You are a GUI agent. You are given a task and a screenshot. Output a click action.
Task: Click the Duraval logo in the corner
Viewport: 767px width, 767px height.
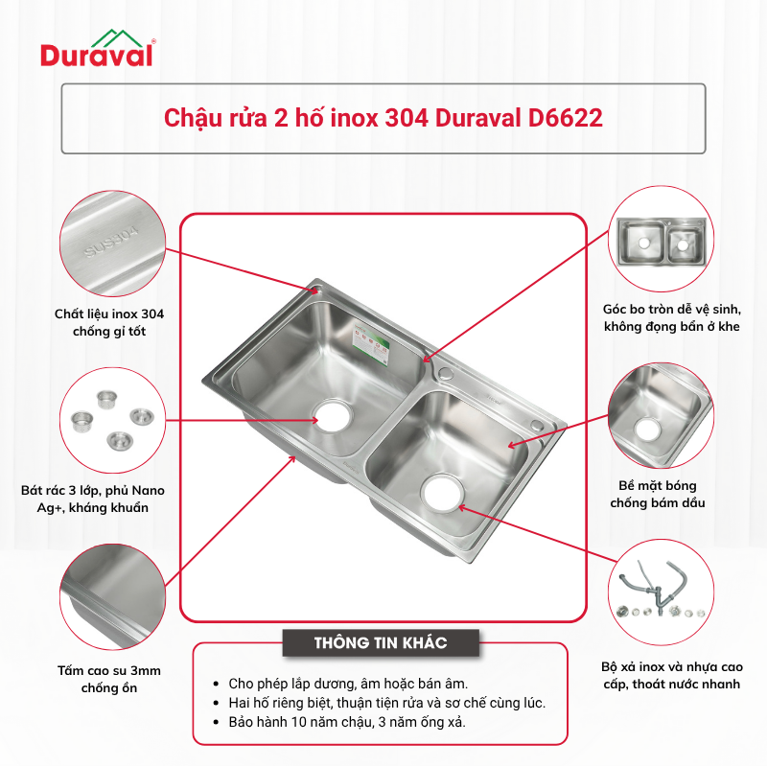pos(98,48)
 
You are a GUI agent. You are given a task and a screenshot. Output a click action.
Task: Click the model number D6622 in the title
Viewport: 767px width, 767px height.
pos(566,118)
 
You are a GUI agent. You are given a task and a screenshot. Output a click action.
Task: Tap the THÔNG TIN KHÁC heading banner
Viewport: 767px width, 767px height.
pos(381,642)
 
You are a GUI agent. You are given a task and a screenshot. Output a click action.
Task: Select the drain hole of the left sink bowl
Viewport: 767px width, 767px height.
pos(334,416)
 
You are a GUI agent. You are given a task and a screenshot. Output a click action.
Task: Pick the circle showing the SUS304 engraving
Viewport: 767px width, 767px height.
pos(112,244)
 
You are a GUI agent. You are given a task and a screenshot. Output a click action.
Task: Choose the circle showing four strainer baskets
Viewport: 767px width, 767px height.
pos(112,420)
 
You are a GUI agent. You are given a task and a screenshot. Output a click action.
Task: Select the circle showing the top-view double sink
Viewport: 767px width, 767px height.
pos(661,238)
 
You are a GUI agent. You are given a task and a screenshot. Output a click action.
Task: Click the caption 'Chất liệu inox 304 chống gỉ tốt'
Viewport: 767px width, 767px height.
pos(109,322)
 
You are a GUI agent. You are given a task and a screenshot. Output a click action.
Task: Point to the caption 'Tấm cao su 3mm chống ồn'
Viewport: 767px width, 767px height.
pos(109,679)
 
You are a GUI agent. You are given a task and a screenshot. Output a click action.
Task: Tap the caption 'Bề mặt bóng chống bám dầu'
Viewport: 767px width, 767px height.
pos(658,494)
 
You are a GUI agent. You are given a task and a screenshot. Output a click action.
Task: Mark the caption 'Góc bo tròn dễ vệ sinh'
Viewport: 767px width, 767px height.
pos(672,317)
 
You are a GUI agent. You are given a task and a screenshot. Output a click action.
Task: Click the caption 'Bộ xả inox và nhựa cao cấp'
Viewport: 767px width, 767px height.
pos(672,675)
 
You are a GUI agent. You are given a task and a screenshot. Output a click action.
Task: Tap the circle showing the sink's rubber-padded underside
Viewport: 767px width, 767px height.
pos(112,596)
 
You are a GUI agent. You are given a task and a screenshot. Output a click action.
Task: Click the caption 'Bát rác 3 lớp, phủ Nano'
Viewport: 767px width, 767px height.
pos(92,499)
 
